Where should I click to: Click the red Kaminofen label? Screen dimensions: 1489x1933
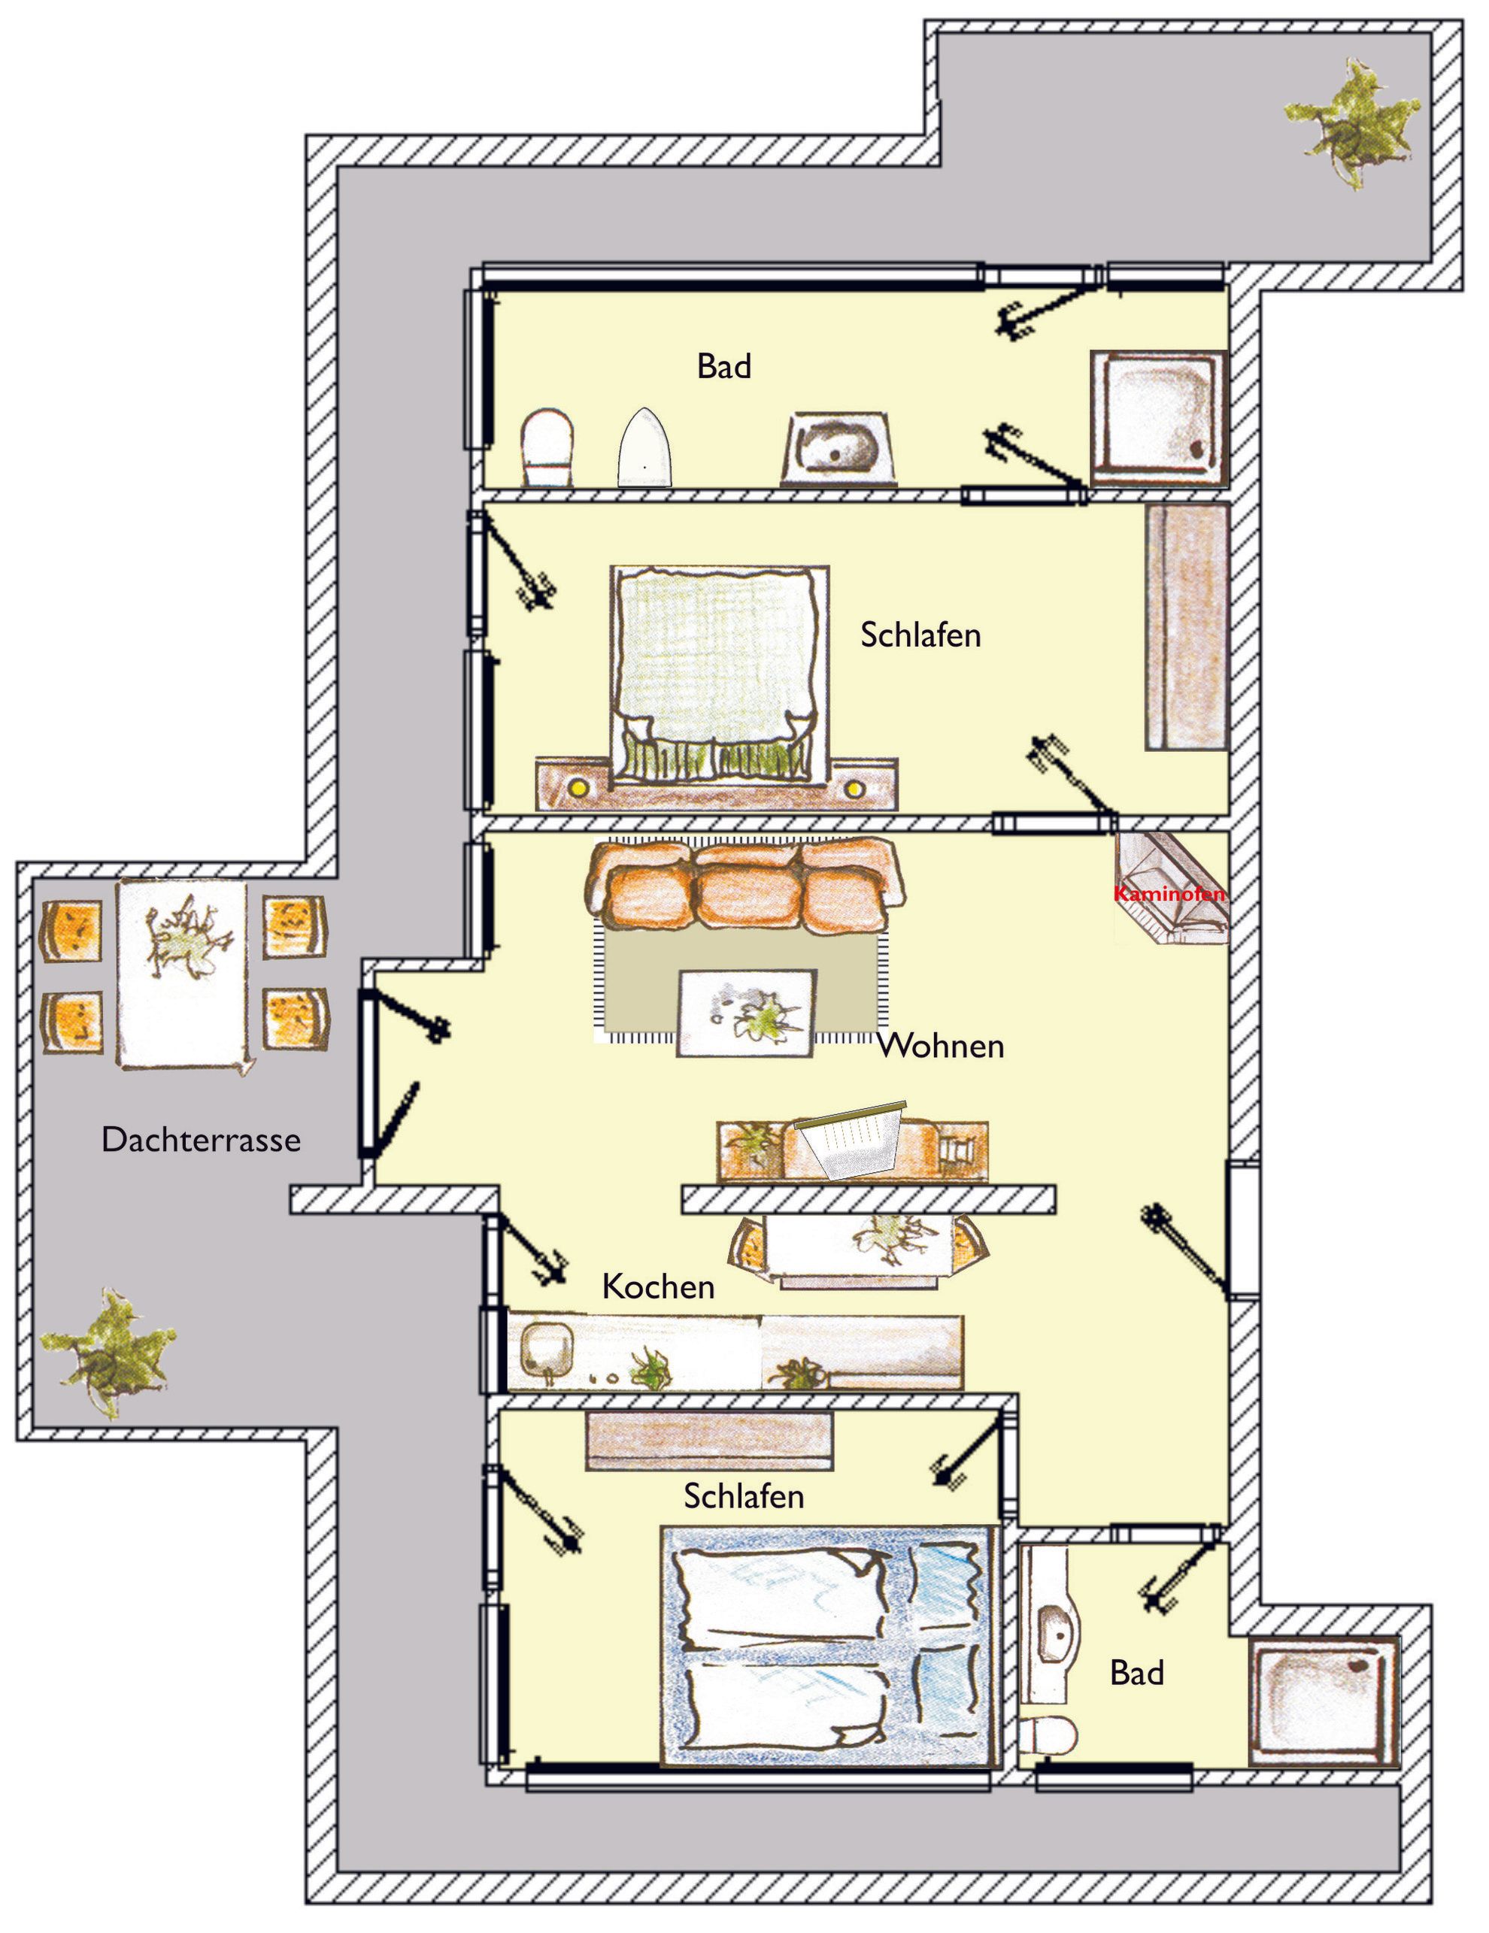1169,894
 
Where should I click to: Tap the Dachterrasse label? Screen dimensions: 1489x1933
201,1139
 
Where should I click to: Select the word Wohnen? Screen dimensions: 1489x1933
941,1045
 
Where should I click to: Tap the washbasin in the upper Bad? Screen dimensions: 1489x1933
839,449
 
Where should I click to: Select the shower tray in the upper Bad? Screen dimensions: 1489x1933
1159,418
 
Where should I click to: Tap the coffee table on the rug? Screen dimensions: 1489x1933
746,1013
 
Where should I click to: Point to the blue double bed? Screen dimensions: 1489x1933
830,1648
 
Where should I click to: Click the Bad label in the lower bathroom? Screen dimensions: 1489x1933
1136,1673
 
